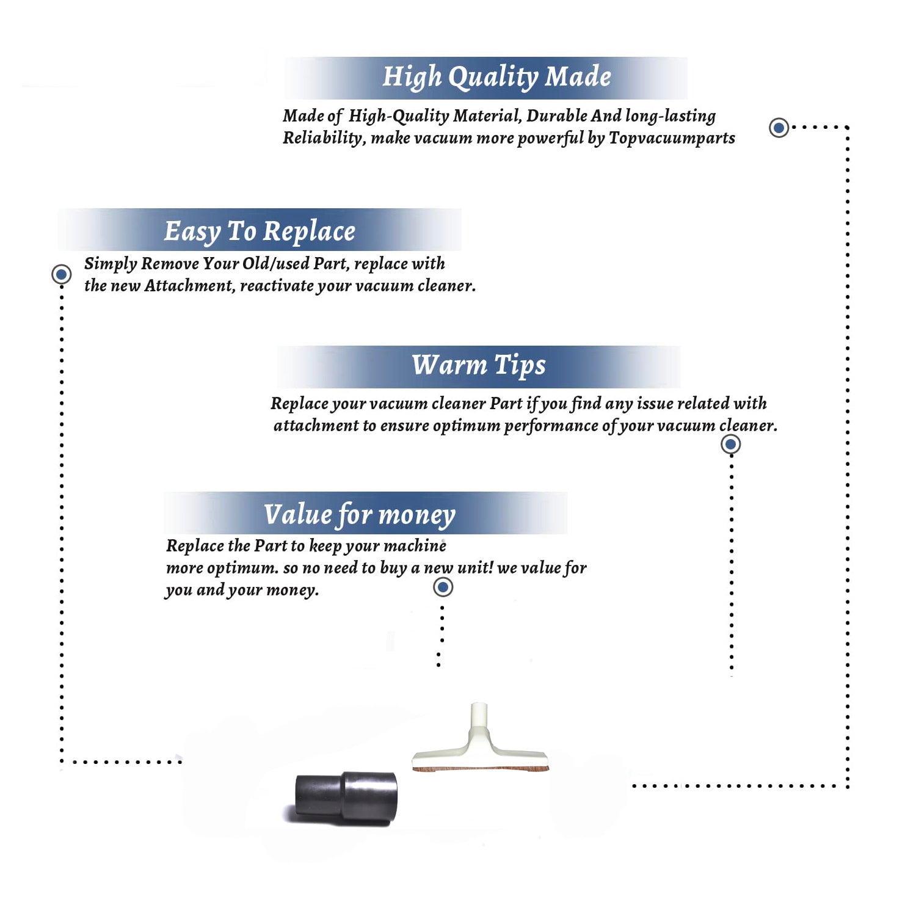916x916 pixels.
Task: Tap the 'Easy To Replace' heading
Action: click(260, 231)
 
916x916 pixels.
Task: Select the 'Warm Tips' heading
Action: click(479, 365)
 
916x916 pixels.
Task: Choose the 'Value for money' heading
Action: click(360, 515)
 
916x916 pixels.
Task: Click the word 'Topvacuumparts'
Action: click(672, 138)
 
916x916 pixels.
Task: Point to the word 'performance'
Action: click(551, 426)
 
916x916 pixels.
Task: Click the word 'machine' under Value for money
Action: click(419, 545)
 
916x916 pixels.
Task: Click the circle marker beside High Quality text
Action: click(779, 128)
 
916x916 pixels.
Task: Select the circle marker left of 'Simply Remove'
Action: click(61, 274)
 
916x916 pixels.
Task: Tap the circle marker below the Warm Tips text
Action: click(730, 444)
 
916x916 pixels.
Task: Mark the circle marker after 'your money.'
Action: click(443, 587)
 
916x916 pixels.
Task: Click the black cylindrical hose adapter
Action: click(346, 798)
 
